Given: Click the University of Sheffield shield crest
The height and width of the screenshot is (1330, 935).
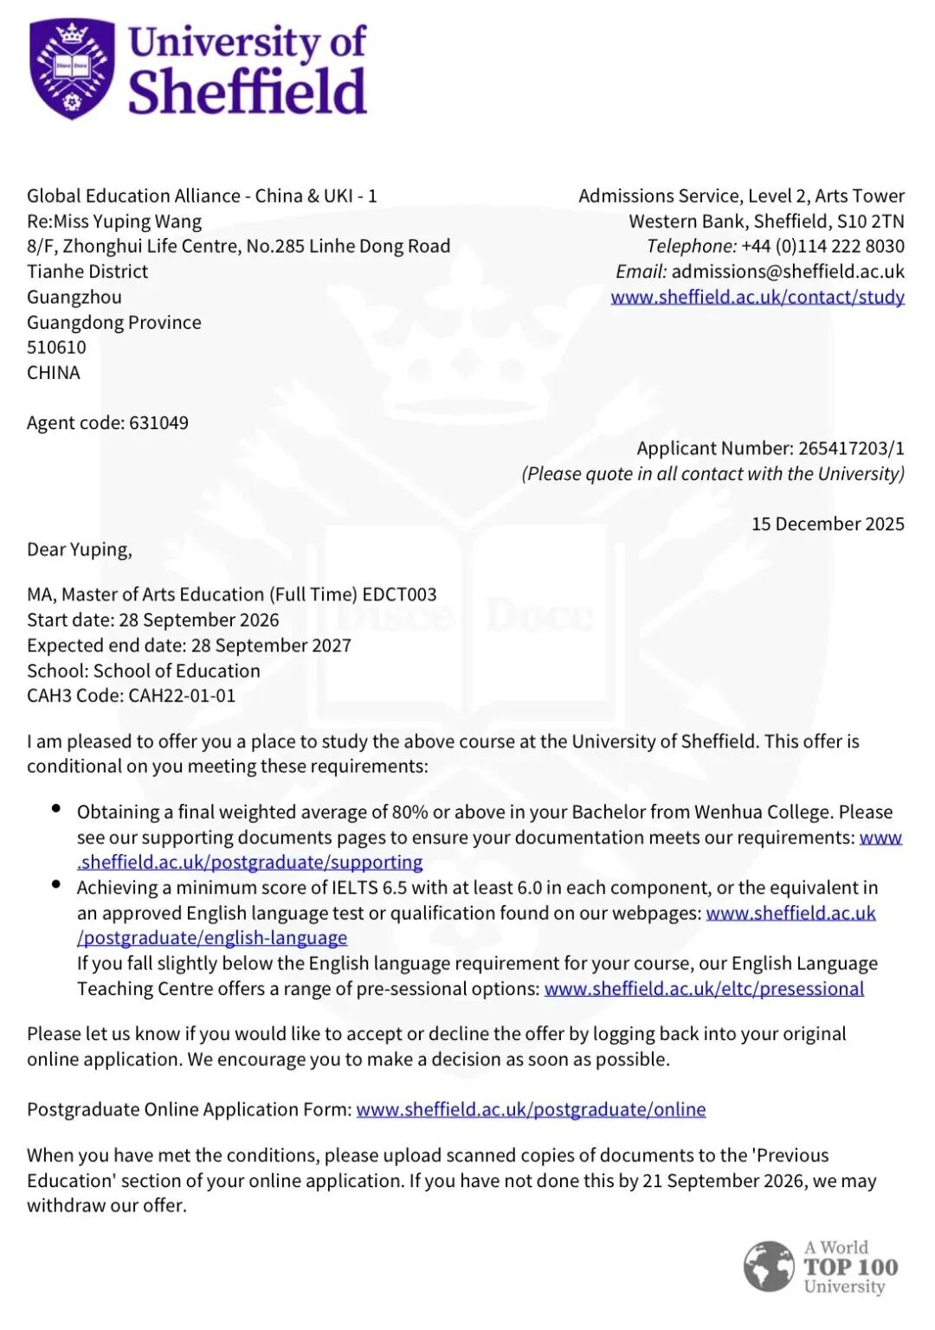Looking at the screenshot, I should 72,68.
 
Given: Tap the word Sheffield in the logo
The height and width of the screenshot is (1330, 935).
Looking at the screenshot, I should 248,92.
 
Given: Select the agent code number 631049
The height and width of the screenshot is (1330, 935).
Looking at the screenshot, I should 158,423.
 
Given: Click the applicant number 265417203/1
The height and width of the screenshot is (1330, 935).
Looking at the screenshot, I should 851,448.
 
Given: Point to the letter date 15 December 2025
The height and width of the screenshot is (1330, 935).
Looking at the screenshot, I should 828,524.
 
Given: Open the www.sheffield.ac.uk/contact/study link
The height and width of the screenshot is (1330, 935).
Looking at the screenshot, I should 758,297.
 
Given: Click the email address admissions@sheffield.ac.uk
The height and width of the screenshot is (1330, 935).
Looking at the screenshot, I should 788,272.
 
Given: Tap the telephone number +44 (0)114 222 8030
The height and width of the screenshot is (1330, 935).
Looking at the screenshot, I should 822,247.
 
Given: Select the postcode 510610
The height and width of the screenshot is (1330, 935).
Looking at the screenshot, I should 57,348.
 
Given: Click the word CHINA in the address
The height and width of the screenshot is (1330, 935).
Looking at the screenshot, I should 54,373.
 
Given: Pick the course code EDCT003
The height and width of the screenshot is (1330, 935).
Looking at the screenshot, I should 399,595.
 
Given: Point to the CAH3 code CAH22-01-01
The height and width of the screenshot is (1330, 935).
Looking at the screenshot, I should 182,696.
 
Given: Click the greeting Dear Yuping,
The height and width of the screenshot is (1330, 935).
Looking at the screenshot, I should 80,550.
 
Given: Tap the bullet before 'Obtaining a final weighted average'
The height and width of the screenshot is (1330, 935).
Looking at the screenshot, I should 56,809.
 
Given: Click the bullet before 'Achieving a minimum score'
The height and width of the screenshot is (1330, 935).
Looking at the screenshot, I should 56,884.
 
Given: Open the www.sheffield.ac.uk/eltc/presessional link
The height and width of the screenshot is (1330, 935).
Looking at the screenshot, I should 704,989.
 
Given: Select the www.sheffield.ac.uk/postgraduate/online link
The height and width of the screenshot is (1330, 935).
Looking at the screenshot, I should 531,1110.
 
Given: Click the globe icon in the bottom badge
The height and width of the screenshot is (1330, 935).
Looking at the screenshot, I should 768,1267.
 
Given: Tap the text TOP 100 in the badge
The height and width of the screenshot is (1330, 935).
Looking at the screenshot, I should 851,1268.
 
